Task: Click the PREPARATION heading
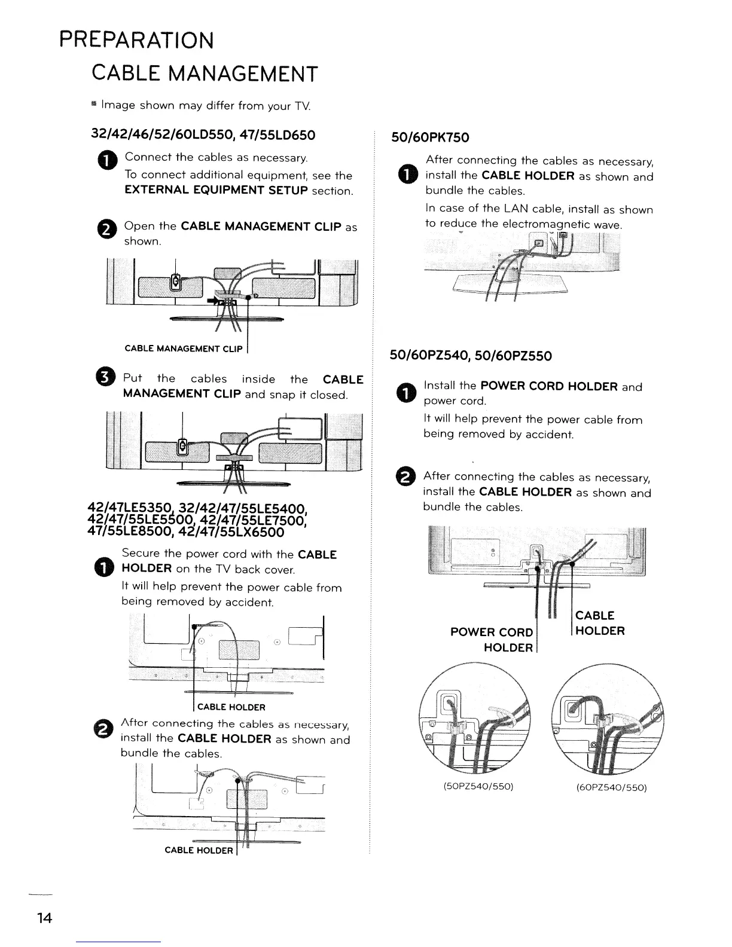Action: click(x=136, y=40)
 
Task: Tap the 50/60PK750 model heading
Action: click(x=429, y=138)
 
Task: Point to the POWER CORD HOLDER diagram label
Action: click(x=492, y=640)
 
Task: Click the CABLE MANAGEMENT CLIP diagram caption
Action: click(x=183, y=349)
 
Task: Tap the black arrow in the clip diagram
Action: click(x=212, y=301)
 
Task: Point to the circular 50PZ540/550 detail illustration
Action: click(x=475, y=718)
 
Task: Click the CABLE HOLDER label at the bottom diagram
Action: click(x=199, y=850)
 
